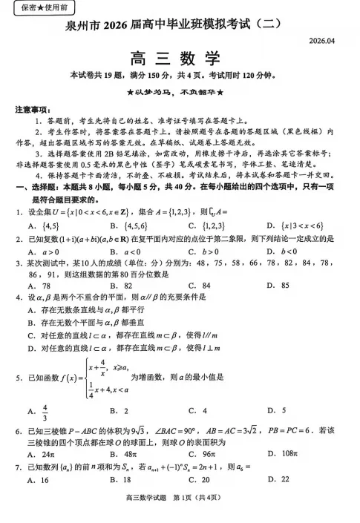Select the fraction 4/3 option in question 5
tap(44, 409)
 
